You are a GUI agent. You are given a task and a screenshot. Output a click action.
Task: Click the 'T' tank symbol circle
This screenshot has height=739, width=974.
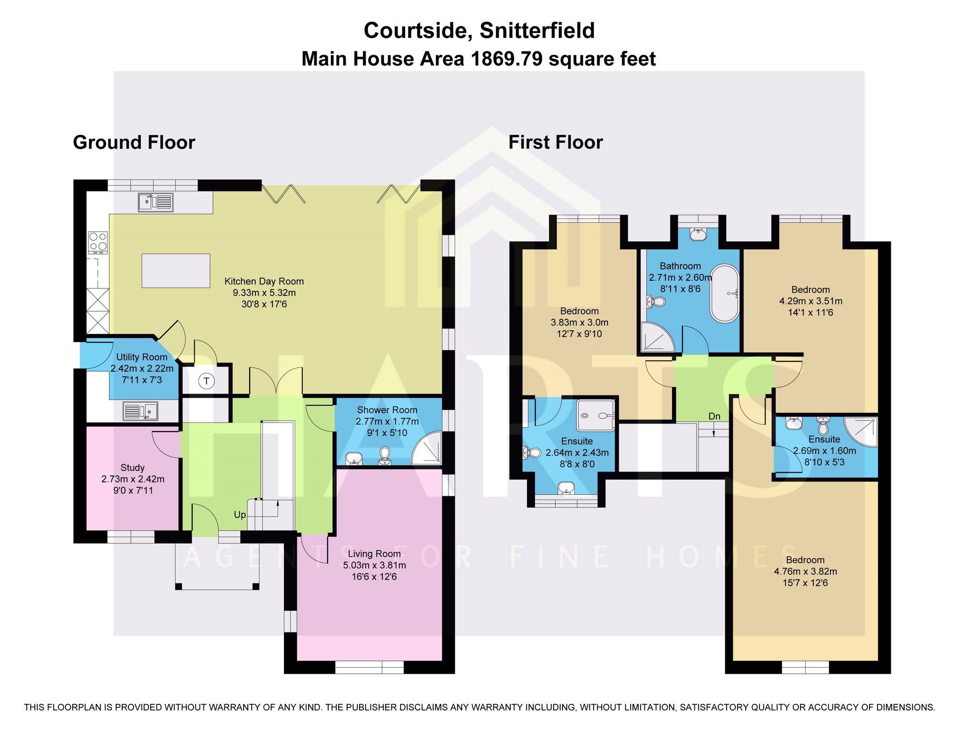coord(206,381)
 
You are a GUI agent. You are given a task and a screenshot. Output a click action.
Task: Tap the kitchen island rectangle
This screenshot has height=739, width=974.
coord(176,271)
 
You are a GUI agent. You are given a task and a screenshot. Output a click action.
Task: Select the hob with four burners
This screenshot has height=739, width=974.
coord(97,242)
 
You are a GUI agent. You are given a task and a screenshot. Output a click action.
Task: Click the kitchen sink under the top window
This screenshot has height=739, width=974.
coord(156,202)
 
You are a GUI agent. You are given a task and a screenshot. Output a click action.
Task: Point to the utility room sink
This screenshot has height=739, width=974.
coord(140,411)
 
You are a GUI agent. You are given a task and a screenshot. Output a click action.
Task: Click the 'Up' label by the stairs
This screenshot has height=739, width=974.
coord(240,515)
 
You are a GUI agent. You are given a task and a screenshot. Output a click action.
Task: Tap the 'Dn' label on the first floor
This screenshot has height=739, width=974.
coord(714,416)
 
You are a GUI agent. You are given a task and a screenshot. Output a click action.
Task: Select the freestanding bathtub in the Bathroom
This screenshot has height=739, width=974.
coord(725,294)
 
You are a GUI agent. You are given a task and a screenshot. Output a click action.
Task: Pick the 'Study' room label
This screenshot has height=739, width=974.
coord(132,467)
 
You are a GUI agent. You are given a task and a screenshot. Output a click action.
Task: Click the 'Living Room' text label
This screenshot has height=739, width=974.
coord(374,553)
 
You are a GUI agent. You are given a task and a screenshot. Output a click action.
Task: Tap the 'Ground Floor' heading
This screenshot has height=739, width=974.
coord(134,142)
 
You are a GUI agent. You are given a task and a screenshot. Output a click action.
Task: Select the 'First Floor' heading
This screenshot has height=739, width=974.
coord(555,142)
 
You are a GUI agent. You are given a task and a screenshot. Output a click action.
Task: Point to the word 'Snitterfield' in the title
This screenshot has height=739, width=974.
coord(537,30)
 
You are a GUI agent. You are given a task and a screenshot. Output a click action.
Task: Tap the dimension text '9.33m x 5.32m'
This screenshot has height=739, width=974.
coord(264,293)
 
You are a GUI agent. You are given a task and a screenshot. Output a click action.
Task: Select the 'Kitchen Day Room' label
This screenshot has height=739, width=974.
coord(264,281)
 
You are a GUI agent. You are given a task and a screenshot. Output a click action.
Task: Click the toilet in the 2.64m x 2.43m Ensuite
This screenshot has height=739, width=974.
coord(532,453)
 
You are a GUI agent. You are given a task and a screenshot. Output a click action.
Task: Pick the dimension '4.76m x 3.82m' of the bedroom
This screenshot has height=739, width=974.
coord(805,571)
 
